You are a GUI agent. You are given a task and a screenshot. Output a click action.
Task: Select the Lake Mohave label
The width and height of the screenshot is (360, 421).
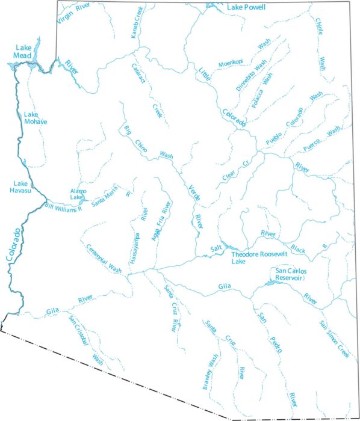coord(35,117)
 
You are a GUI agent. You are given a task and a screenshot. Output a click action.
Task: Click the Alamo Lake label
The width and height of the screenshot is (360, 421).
coord(78,193)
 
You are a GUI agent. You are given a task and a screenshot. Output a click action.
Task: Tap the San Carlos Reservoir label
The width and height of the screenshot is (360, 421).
coord(291,274)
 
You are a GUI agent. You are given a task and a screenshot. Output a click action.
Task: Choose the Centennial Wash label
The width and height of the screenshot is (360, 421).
coord(104,258)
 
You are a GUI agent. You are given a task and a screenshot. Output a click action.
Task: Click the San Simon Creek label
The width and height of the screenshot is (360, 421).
coord(334,340)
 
